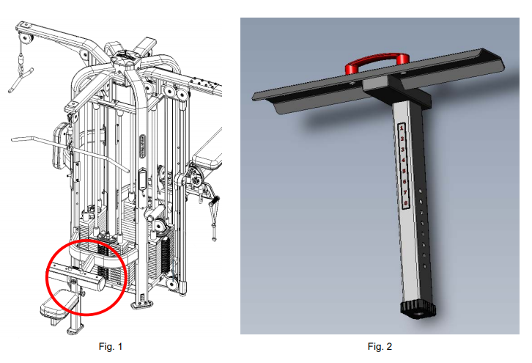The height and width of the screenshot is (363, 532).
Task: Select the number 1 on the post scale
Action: [x=402, y=128]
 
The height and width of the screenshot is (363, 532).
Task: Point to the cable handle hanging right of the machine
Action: [x=215, y=209]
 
